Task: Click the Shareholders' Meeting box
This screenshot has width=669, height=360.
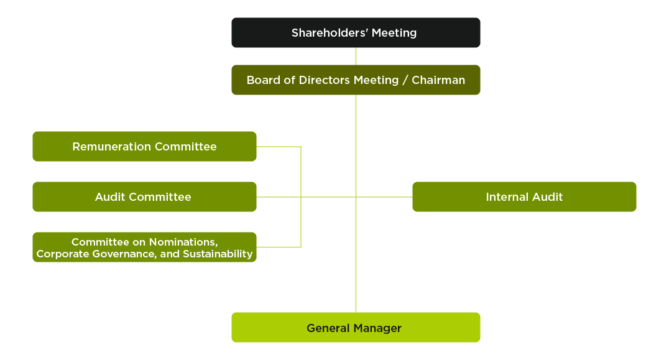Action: click(x=356, y=33)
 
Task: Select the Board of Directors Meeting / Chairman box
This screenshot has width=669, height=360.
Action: click(x=356, y=80)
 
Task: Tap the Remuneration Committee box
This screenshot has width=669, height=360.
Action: click(x=144, y=147)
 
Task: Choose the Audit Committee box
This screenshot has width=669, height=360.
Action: click(x=144, y=197)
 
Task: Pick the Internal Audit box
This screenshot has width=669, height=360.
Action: click(x=524, y=197)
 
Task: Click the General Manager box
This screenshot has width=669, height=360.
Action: click(x=356, y=328)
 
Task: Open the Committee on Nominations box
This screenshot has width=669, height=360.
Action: click(x=144, y=247)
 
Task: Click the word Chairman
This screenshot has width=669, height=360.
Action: click(x=438, y=80)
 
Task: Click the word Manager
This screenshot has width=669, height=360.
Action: click(x=377, y=328)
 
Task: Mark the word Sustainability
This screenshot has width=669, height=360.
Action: click(x=218, y=254)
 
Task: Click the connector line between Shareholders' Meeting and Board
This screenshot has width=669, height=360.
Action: click(x=356, y=56)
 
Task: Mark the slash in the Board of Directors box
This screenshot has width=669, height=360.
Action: click(x=405, y=80)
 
